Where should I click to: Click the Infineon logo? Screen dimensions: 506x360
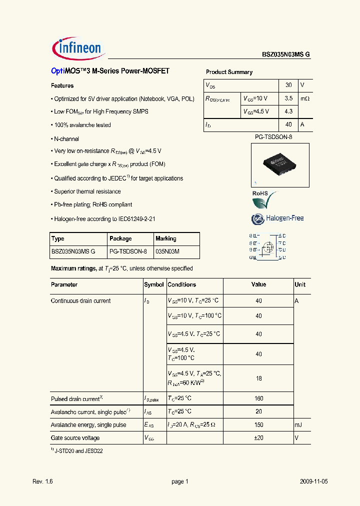(77, 48)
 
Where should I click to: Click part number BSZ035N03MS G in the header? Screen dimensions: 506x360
(286, 55)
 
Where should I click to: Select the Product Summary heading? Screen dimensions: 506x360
(229, 72)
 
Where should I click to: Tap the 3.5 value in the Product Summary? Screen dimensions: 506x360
(288, 98)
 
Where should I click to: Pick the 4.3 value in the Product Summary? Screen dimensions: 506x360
(288, 111)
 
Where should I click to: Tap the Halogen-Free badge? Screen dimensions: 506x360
(277, 218)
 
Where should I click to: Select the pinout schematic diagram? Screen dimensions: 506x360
(267, 246)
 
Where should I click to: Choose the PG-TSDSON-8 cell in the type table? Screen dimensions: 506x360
(128, 252)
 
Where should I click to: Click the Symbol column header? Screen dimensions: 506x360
(154, 284)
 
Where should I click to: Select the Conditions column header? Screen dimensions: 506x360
(182, 284)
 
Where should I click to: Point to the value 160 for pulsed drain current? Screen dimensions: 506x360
(258, 399)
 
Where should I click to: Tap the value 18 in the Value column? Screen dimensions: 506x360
(258, 378)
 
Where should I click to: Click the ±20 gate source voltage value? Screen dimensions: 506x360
(258, 438)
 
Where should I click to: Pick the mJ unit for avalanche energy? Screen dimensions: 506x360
(299, 425)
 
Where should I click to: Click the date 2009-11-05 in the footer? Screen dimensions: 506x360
(314, 481)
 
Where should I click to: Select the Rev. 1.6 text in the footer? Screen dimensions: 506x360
(42, 481)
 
